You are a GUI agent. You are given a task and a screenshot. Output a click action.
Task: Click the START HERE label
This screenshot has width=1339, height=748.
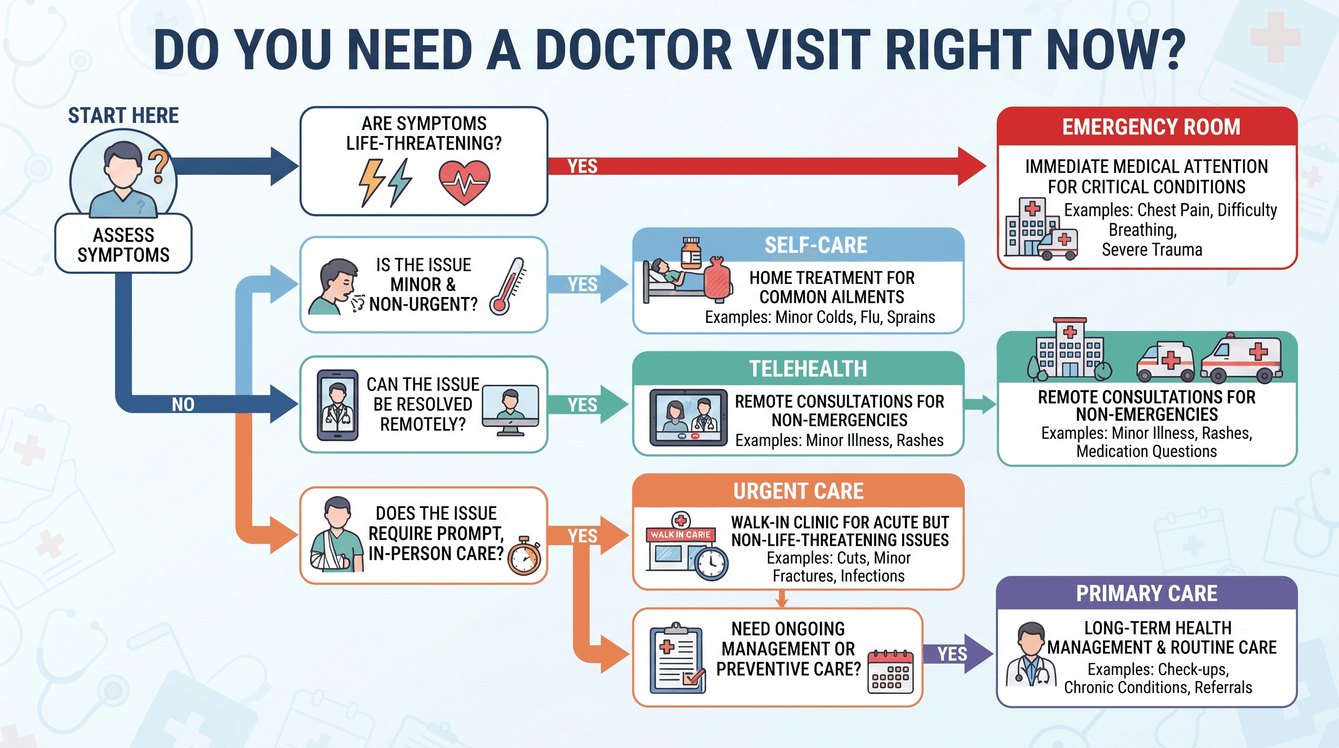(x=123, y=115)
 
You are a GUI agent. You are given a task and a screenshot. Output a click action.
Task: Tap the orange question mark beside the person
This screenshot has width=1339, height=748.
(x=159, y=166)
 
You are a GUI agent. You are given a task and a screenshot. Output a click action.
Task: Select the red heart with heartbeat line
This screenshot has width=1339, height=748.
(x=464, y=182)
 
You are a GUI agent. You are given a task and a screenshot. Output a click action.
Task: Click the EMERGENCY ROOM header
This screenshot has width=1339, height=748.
(x=1151, y=127)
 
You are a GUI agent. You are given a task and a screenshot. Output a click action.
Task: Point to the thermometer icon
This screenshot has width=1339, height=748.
(x=507, y=286)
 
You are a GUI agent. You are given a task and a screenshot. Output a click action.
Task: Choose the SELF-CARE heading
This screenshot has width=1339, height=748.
(x=815, y=245)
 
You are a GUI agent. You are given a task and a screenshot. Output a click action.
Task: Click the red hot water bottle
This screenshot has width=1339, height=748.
(x=718, y=279)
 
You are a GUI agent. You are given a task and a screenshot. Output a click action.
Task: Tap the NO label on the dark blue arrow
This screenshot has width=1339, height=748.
(x=183, y=404)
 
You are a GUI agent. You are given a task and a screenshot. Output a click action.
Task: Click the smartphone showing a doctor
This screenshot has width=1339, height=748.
(x=337, y=405)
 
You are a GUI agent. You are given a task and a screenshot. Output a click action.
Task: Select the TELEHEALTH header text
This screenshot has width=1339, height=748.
(x=808, y=369)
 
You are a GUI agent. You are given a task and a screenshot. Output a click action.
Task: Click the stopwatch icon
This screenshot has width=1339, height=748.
(x=524, y=556)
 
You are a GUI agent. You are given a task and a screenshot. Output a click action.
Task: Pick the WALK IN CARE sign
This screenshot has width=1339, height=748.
(x=680, y=535)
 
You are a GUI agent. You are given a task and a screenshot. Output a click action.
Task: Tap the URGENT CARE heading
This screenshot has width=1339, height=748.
(x=798, y=491)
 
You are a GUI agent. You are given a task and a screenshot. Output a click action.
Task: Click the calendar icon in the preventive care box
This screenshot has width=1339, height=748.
(x=890, y=672)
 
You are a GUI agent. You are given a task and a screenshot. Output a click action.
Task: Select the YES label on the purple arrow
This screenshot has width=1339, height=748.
(x=952, y=654)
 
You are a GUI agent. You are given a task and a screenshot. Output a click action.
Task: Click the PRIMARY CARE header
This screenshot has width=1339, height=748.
(x=1147, y=594)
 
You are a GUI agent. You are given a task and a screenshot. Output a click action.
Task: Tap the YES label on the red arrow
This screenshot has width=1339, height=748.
(x=582, y=167)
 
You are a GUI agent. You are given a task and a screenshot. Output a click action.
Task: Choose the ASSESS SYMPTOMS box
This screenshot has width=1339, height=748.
(x=123, y=243)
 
